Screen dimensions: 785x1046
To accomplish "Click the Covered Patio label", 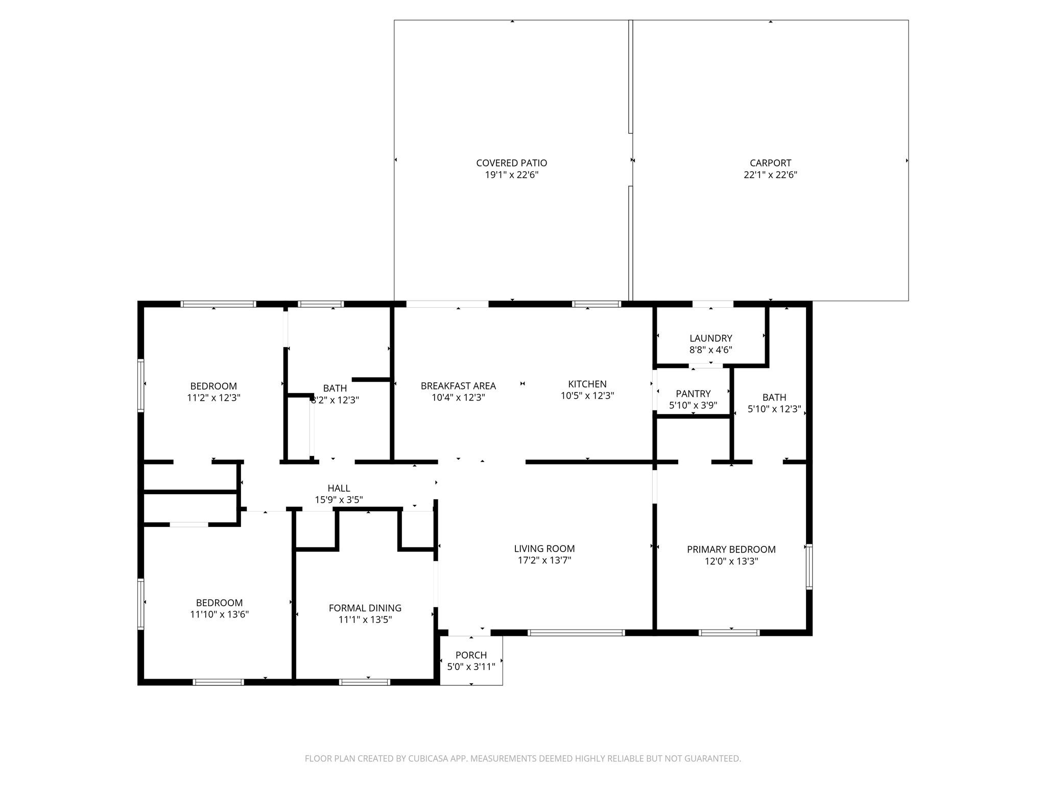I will click(511, 163).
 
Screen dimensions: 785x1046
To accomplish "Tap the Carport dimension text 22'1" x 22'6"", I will click(770, 175).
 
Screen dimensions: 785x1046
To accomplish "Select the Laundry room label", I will click(710, 338).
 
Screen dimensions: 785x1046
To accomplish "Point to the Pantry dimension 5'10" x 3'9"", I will click(693, 405).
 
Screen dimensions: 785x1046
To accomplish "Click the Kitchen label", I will click(587, 384).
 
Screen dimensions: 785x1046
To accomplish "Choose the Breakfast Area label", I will click(458, 386).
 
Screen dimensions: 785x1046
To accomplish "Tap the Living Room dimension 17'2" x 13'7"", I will click(544, 560).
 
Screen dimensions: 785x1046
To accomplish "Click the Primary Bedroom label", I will click(731, 549).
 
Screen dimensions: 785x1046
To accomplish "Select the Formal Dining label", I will click(365, 608).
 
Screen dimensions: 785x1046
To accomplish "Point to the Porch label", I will click(471, 655).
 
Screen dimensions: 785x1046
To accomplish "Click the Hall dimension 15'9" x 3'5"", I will click(339, 500).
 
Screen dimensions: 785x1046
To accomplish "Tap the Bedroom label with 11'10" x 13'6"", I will click(219, 603).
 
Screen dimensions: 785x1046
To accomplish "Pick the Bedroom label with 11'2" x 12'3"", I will click(213, 386).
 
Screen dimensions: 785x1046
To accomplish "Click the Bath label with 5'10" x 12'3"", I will click(774, 397).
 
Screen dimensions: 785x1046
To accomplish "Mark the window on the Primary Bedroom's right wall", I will click(809, 567).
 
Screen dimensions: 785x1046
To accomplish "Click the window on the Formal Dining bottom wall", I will click(365, 682).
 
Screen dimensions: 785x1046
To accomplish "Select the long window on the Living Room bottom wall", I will click(576, 633).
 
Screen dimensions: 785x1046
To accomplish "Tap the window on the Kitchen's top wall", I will click(596, 304).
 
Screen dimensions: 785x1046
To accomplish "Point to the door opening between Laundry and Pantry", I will click(706, 366).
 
